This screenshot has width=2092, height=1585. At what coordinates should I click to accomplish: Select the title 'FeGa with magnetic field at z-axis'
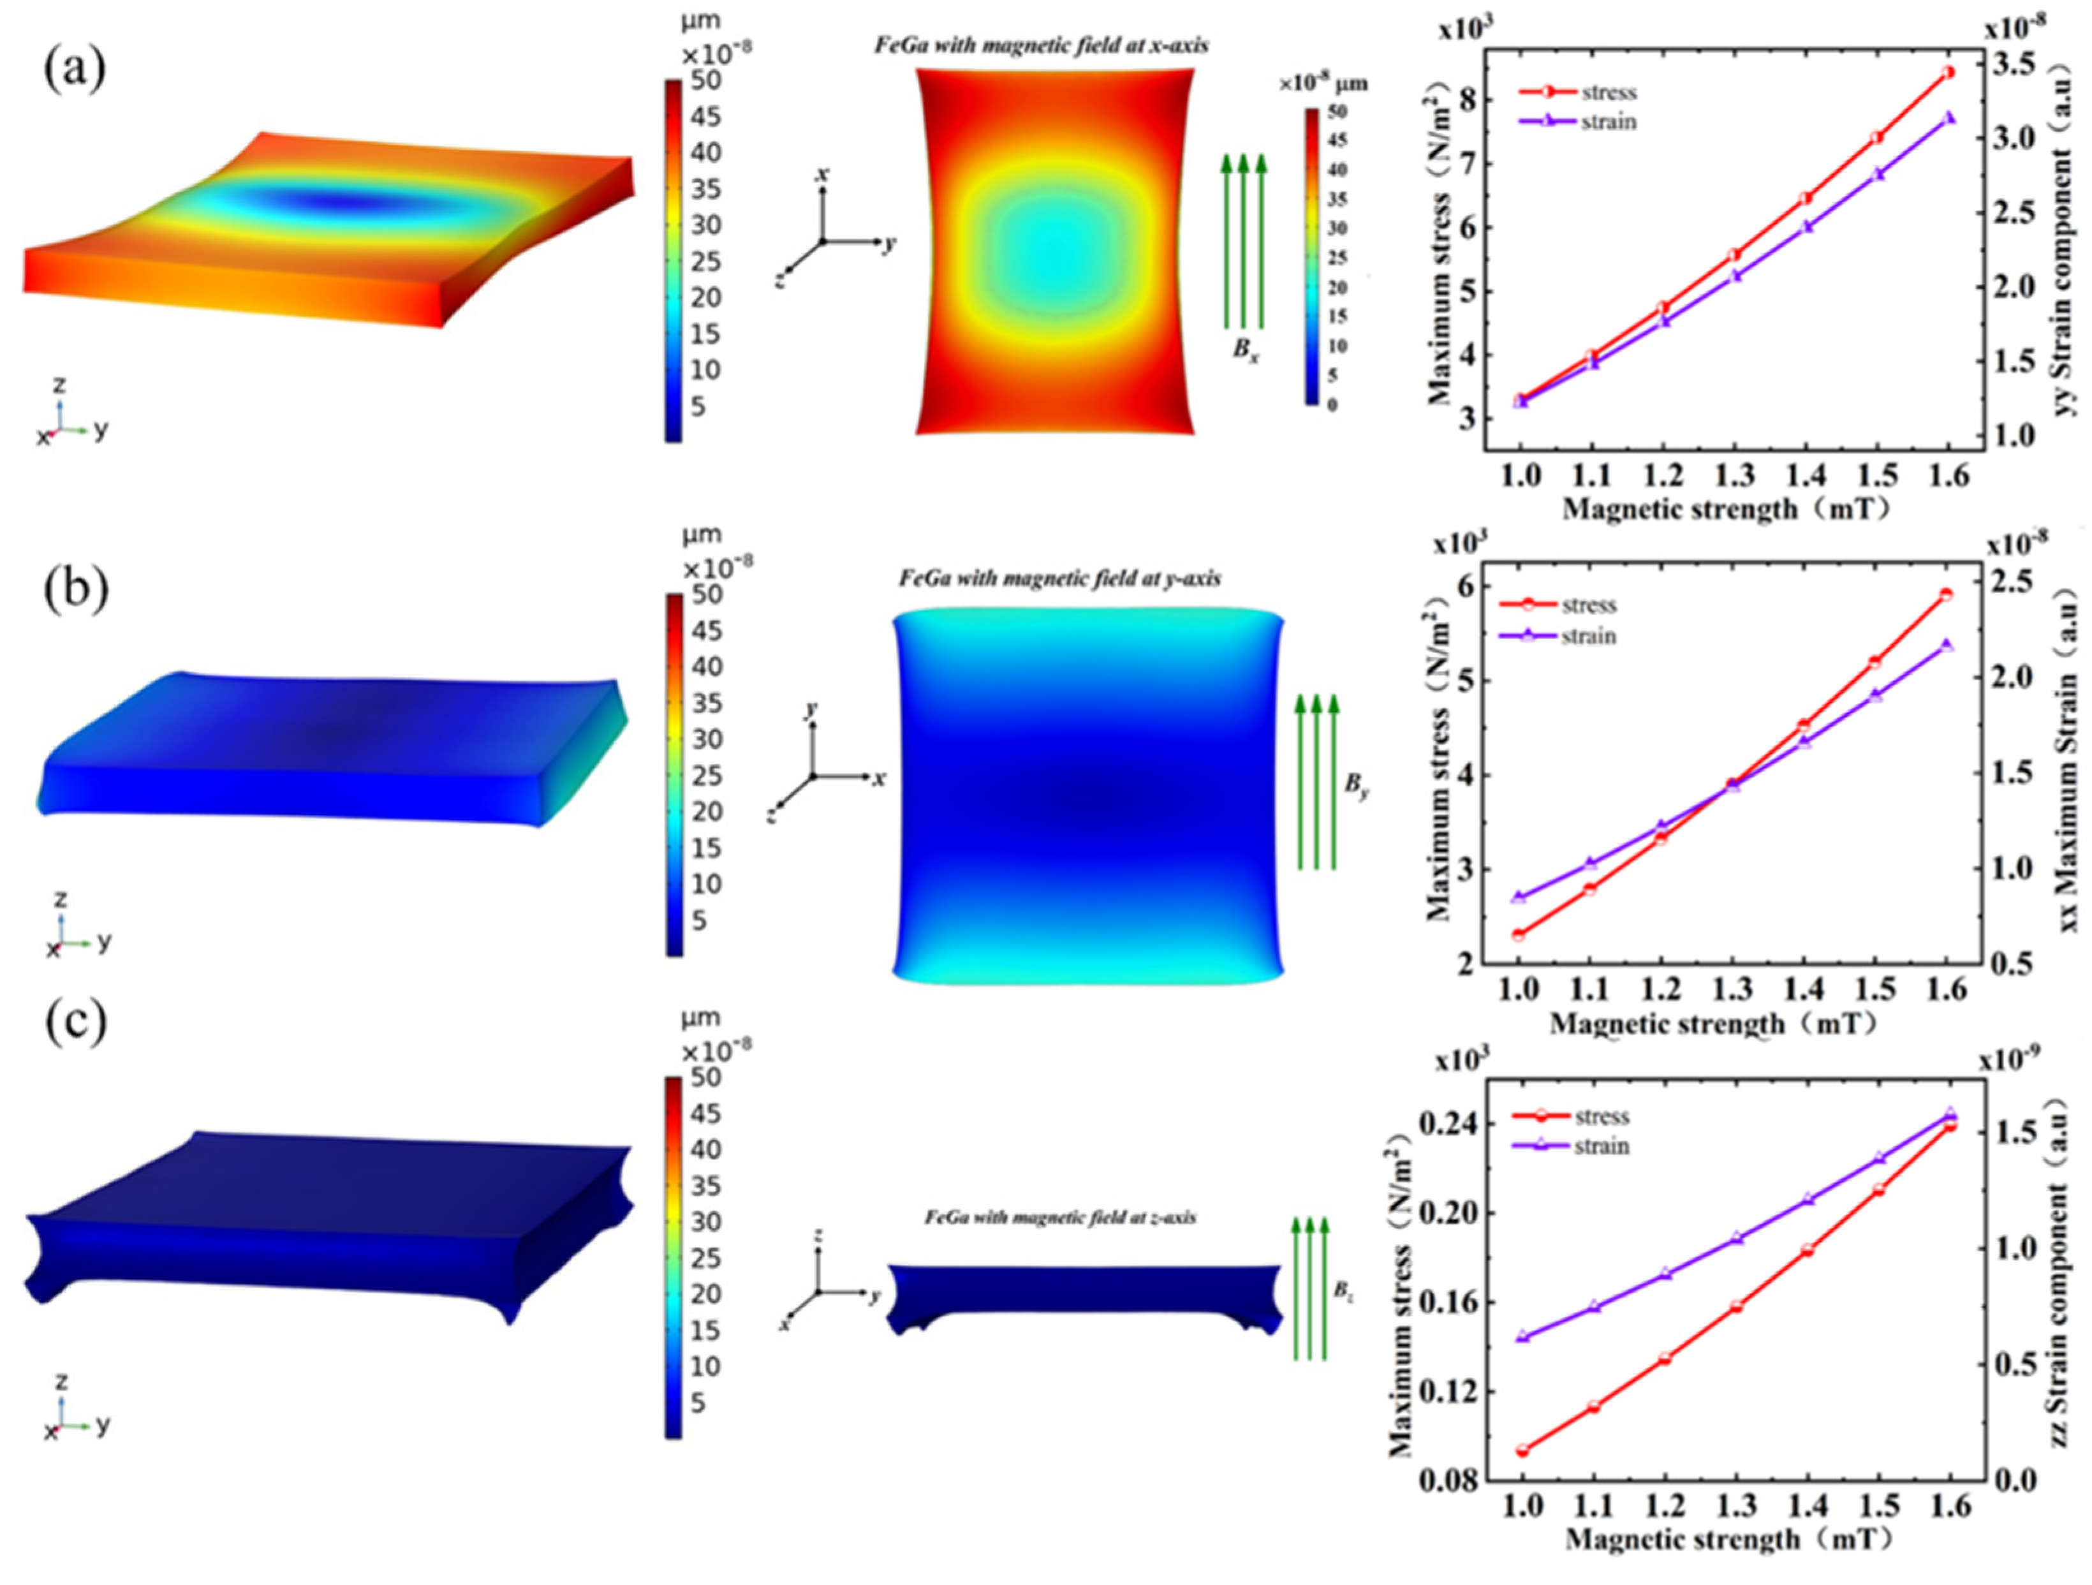coord(1059,1217)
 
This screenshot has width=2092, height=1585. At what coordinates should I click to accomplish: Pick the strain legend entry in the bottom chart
coord(1601,1146)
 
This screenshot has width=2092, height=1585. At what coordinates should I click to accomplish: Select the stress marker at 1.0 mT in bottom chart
coord(1522,1450)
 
